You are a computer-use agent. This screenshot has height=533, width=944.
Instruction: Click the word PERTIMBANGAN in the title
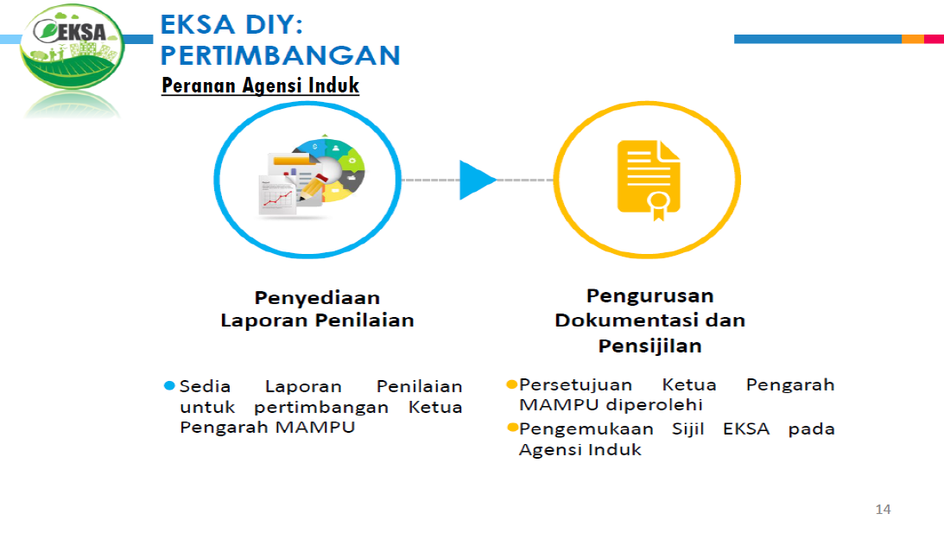(x=281, y=55)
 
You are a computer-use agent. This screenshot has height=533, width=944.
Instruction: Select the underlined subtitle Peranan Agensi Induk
(x=260, y=86)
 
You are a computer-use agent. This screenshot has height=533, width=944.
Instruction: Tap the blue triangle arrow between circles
(x=475, y=180)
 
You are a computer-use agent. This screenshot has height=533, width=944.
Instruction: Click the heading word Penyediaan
(x=317, y=298)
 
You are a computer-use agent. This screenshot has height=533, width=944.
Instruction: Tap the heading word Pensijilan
(x=649, y=346)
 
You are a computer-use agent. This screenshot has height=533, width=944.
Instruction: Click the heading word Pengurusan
(x=649, y=296)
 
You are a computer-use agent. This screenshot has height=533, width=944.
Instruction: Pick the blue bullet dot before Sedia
(x=169, y=385)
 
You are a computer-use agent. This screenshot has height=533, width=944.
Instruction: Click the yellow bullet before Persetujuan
(x=511, y=384)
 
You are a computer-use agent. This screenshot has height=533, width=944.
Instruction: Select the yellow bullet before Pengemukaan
(x=512, y=428)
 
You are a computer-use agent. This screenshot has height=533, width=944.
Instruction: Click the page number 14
(x=883, y=509)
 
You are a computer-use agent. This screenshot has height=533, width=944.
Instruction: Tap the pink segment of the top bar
(x=934, y=39)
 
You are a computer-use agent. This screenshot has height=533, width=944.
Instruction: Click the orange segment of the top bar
(x=912, y=39)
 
